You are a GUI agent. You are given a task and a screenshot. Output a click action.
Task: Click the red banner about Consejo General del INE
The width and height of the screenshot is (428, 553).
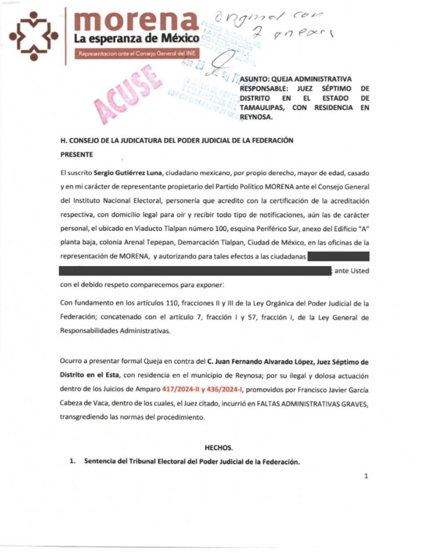point(136,54)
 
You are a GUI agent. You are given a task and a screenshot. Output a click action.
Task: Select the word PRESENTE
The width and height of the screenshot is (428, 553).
point(77,154)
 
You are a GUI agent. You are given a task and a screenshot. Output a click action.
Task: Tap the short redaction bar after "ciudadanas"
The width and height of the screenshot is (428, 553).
point(338,256)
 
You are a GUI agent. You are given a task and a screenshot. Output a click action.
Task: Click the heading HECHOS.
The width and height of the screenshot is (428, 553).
point(218,448)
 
